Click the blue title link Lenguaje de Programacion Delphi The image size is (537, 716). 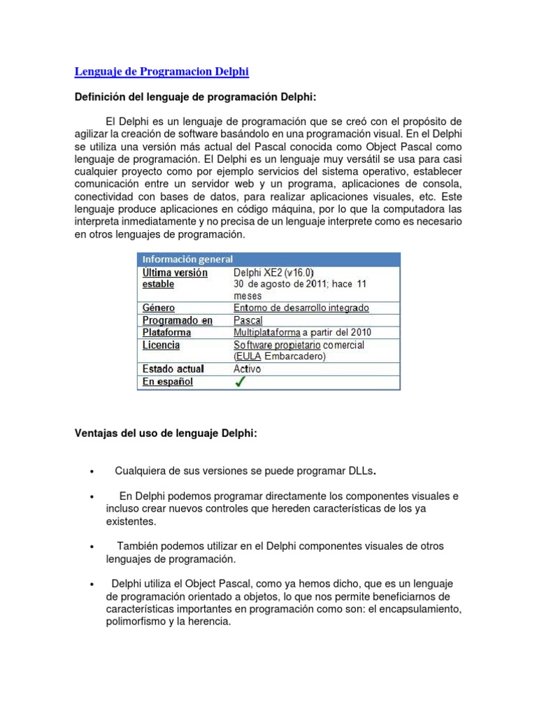[162, 71]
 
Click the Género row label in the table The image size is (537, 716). [159, 308]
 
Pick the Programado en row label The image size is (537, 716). [177, 320]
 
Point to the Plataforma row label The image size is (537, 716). [166, 332]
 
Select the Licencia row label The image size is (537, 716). [161, 345]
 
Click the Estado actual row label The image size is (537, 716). [173, 368]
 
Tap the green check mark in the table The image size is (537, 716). [240, 382]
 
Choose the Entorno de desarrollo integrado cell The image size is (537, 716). [301, 308]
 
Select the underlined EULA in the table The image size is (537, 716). [248, 356]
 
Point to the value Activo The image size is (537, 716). [248, 368]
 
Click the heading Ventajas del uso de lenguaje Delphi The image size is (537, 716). [166, 434]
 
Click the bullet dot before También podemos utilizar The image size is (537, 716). [92, 547]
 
